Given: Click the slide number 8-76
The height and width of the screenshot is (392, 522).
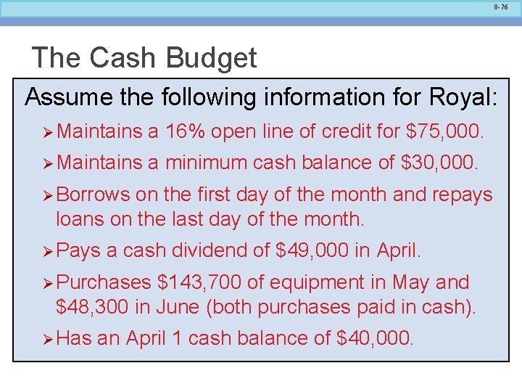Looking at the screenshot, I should click(501, 7).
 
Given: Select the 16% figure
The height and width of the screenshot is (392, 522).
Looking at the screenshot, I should click(186, 131).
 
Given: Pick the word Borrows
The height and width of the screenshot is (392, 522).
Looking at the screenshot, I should click(94, 195).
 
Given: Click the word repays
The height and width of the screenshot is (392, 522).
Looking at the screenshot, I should click(460, 195).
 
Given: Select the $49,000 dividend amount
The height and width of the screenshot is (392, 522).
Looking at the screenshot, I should click(312, 251).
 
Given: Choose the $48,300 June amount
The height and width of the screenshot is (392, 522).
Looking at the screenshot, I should click(93, 307).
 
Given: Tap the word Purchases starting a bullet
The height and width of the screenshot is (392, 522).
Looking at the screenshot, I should click(104, 282).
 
